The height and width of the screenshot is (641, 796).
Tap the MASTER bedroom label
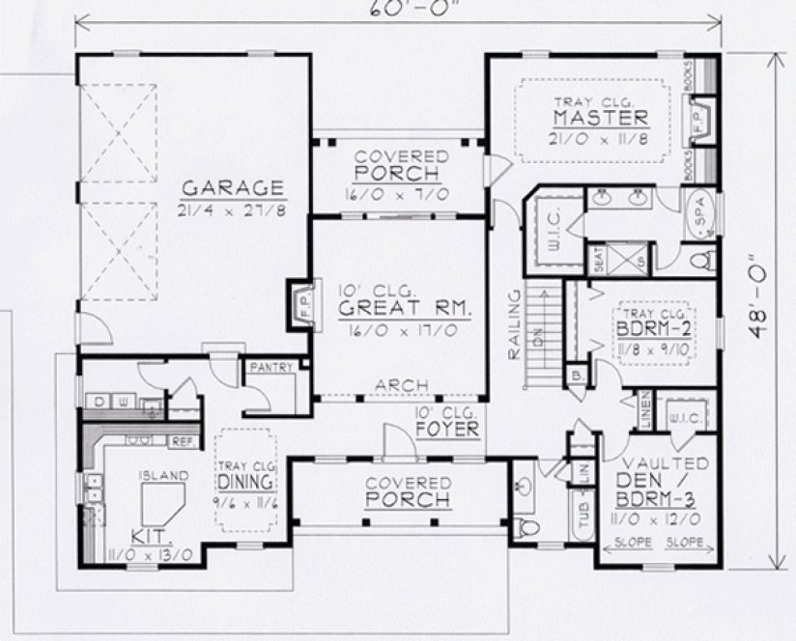[x=599, y=118]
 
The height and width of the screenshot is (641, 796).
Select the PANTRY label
[x=271, y=368]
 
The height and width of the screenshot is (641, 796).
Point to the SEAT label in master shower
[x=598, y=261]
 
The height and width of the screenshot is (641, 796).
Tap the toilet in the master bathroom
[x=705, y=260]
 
